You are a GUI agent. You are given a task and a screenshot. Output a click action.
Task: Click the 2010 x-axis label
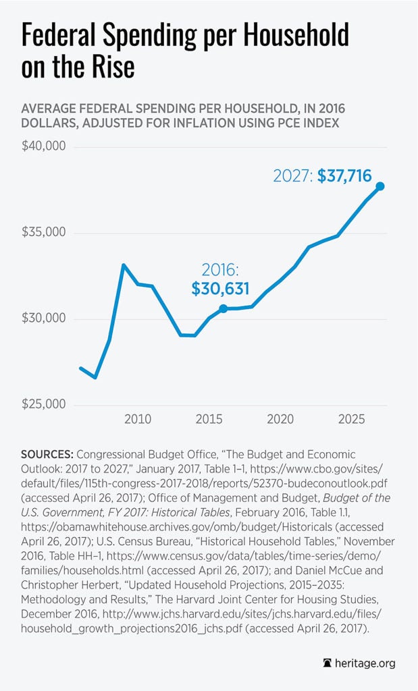click(138, 419)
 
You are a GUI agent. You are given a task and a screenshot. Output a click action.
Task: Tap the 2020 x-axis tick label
click(280, 419)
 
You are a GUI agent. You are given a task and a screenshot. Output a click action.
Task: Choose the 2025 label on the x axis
click(350, 419)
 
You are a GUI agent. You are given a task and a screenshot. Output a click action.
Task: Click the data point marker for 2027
click(380, 186)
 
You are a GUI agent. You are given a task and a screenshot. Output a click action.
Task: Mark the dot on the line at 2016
click(223, 308)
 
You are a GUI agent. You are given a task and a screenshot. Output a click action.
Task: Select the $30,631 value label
click(220, 289)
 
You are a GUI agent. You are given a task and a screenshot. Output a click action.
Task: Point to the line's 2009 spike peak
click(124, 265)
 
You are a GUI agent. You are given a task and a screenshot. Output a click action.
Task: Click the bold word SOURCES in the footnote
click(47, 455)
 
